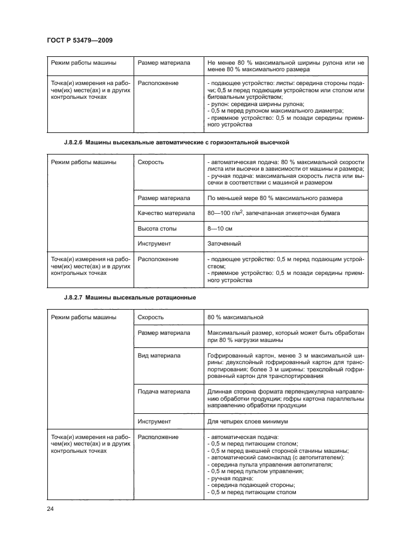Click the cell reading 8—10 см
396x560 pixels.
pyautogui.click(x=220, y=229)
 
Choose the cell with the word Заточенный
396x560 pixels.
pyautogui.click(x=225, y=244)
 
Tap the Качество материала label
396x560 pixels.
pyautogui.click(x=166, y=213)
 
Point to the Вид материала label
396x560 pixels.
pyautogui.click(x=159, y=355)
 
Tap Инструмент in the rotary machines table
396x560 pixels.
pyautogui.click(x=155, y=421)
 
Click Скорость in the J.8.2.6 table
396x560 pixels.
pyautogui.click(x=151, y=162)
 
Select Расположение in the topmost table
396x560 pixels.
pyautogui.click(x=158, y=83)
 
